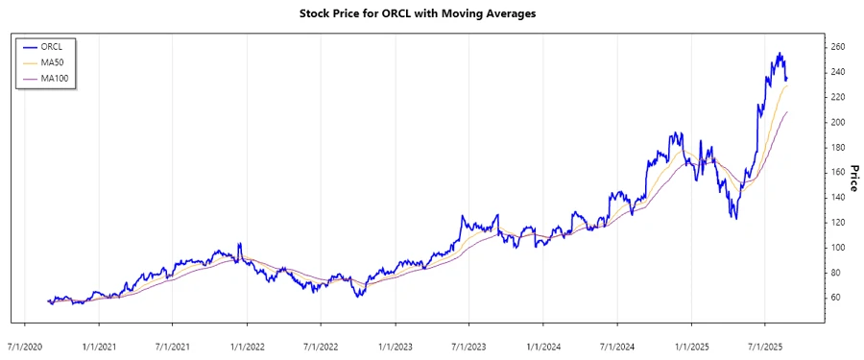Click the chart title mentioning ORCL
[x=431, y=14]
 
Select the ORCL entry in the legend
[x=52, y=45]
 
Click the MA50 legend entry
[x=53, y=61]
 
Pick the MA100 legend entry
[x=55, y=78]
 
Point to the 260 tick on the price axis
[x=838, y=47]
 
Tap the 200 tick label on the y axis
[x=838, y=122]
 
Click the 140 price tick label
[x=838, y=197]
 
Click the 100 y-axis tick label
[x=838, y=248]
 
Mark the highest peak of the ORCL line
[x=780, y=53]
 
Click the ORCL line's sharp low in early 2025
[x=735, y=219]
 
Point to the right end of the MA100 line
[x=788, y=112]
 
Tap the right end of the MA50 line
[x=788, y=86]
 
